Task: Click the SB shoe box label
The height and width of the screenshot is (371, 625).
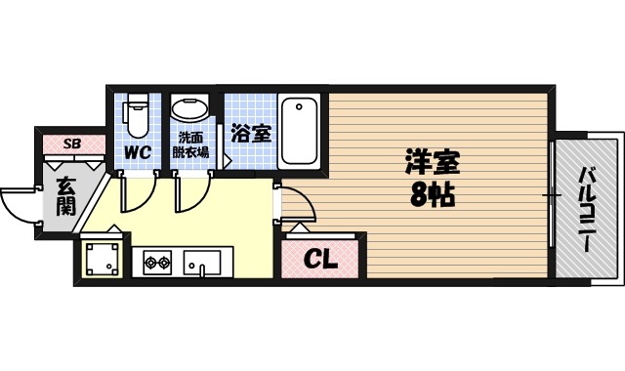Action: (x=71, y=144)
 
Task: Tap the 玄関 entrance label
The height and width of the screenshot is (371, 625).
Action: (x=65, y=196)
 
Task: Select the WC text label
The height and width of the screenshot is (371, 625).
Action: (x=136, y=152)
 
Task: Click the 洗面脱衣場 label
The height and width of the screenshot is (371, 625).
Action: (x=190, y=144)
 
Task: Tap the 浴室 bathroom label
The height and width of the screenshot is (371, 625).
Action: (x=251, y=134)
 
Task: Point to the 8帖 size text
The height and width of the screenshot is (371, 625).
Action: (x=430, y=194)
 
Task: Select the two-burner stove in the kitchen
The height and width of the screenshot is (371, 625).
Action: (x=158, y=262)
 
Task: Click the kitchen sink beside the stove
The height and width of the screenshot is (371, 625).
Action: (x=204, y=262)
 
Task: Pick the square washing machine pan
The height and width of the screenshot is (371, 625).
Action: (x=102, y=259)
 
